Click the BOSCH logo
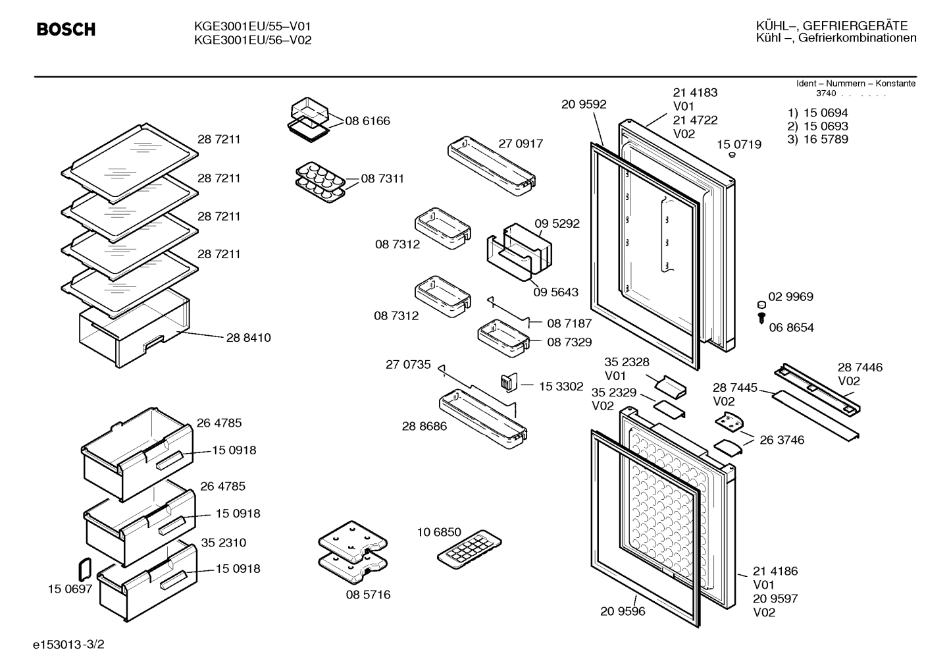tap(66, 29)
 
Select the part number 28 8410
tap(248, 338)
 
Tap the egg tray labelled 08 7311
tap(321, 182)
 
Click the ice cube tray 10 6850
tap(469, 549)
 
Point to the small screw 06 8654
tap(761, 318)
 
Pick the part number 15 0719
tap(739, 145)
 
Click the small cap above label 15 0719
tap(732, 155)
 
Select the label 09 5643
tap(555, 292)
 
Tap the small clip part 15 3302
tap(509, 383)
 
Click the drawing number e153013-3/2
tap(68, 645)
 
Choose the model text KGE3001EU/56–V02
tap(253, 40)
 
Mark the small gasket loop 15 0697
tap(85, 570)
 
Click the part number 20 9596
tap(623, 611)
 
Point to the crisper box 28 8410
tap(134, 329)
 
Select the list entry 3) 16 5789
tap(817, 139)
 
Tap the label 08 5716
tap(368, 595)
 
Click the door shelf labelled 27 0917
tap(492, 166)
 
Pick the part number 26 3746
tap(782, 440)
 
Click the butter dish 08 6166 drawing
tap(311, 120)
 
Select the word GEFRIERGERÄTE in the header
tap(856, 26)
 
